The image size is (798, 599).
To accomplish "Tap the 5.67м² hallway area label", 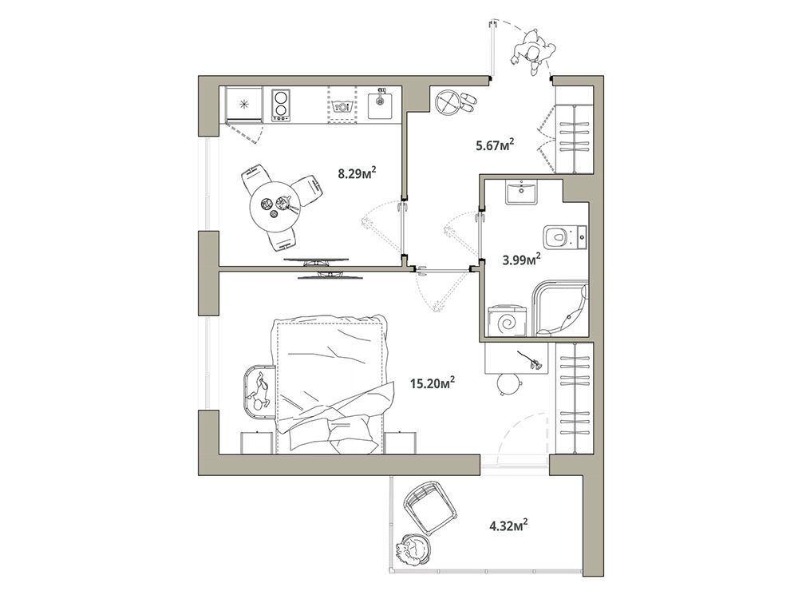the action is click(494, 145).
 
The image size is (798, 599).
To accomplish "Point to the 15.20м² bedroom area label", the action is click(433, 382).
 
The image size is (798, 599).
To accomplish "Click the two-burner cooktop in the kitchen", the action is click(281, 105).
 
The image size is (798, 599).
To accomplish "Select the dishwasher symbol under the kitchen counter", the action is click(342, 105).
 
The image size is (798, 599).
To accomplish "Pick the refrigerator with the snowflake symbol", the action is click(245, 105).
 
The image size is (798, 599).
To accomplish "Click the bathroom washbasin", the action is click(522, 192).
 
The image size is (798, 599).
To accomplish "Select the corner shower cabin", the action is click(560, 308).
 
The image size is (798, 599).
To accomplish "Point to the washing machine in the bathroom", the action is click(508, 320).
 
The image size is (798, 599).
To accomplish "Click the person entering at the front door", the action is click(533, 51).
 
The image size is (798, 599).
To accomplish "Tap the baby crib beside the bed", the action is click(259, 391).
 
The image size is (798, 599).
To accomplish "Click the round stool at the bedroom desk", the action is click(509, 383).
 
